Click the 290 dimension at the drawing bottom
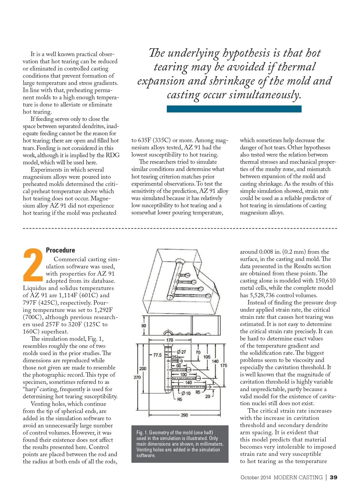184,415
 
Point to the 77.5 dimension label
157,355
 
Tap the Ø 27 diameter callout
181,352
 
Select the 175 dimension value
223,365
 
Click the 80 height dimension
144,326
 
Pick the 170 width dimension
169,340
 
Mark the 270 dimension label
137,377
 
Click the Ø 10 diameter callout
186,394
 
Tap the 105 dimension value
207,357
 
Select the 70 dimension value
198,352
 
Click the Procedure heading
60,250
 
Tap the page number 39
333,478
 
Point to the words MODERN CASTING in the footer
298,478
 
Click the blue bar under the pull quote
234,109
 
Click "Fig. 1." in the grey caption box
142,433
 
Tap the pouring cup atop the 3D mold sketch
180,261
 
